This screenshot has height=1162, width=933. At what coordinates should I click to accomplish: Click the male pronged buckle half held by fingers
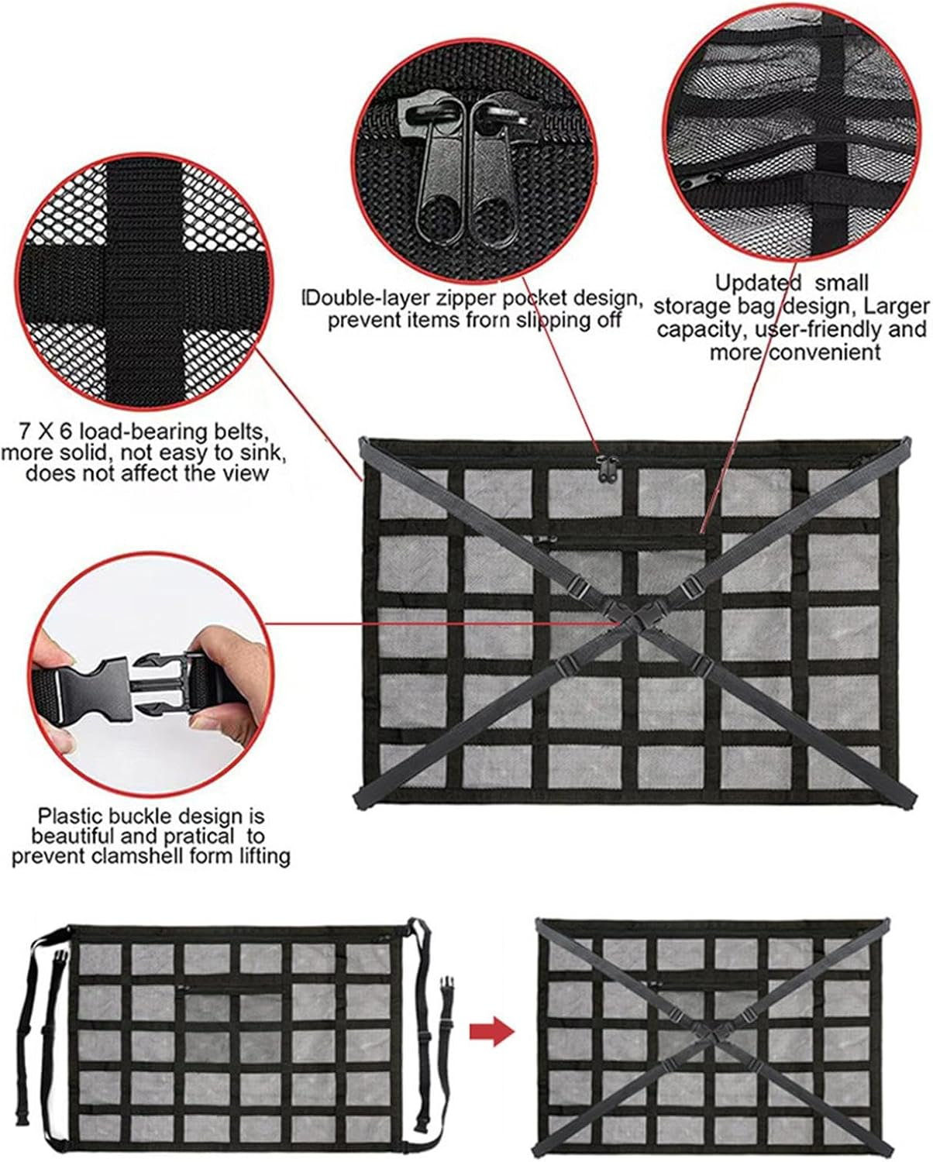click(x=159, y=679)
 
